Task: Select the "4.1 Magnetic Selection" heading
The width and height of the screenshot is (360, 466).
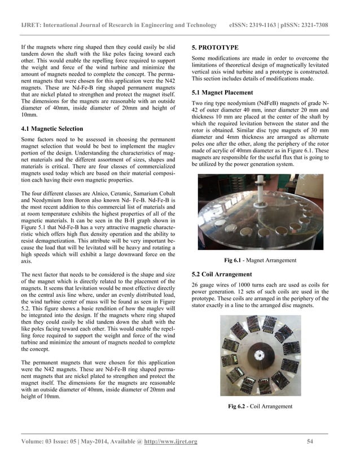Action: click(52, 129)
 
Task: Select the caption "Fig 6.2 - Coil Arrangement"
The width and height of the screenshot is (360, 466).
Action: click(260, 406)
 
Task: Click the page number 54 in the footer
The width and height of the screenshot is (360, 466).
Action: click(310, 441)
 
